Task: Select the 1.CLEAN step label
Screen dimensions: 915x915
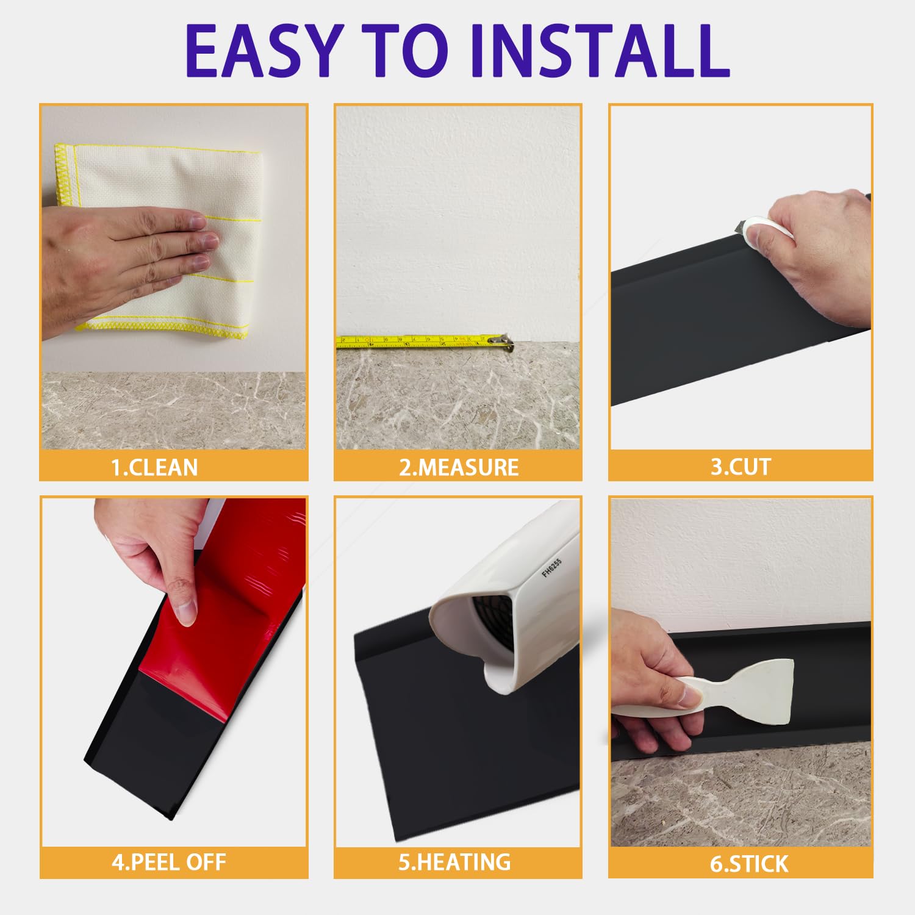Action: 154,467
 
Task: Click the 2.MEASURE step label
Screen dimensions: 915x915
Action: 459,467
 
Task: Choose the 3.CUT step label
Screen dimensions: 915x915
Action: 741,467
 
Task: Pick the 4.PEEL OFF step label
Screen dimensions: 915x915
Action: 168,862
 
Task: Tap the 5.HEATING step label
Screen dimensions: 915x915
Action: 454,862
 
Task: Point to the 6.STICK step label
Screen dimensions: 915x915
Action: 749,864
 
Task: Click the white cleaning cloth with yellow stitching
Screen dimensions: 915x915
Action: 159,183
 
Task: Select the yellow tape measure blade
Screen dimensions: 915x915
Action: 415,341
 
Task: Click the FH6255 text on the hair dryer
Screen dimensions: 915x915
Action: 551,567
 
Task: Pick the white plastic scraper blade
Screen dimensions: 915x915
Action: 762,689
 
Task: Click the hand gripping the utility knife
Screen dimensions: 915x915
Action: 817,256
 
